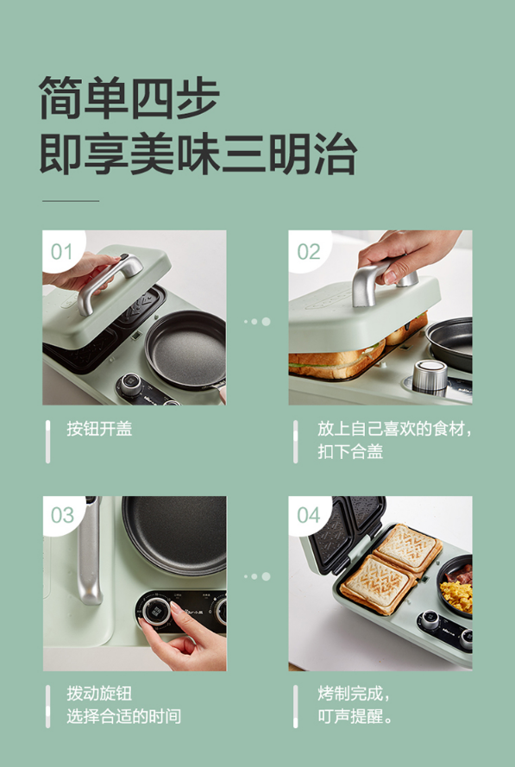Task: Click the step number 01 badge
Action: pos(62,250)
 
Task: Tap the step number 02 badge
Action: pos(309,250)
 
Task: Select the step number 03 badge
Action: pos(62,515)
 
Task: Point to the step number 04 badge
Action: pos(309,515)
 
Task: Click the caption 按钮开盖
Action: pos(99,429)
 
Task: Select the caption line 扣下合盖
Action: pos(350,451)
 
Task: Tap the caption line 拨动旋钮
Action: pos(99,694)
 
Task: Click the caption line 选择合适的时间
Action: pos(123,716)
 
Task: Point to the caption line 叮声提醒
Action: pos(355,716)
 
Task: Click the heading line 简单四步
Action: pos(129,97)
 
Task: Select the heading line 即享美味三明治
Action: pos(198,153)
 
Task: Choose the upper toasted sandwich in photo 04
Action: pos(409,548)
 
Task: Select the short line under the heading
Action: pos(71,200)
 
